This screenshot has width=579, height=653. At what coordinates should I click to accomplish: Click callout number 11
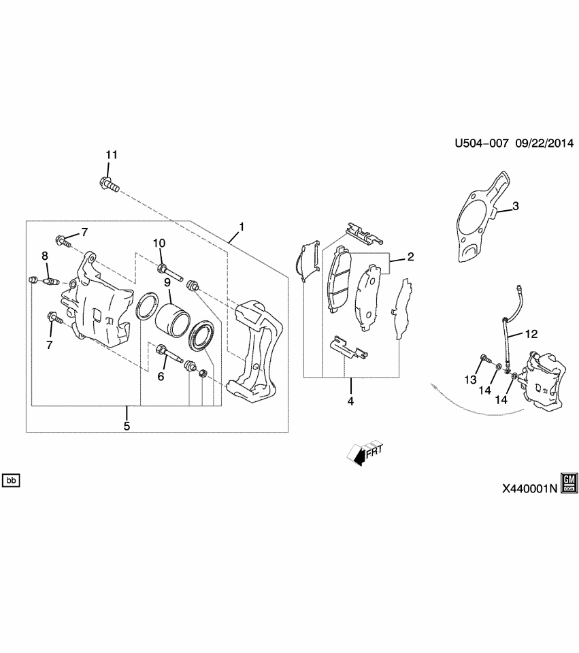[111, 155]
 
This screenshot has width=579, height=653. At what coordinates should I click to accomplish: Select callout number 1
[241, 227]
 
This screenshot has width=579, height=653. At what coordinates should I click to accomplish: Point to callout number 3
[515, 206]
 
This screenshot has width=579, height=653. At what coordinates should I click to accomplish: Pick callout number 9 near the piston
[165, 282]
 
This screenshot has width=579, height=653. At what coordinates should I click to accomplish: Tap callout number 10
[159, 243]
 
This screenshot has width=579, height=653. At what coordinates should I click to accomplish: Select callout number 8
[45, 256]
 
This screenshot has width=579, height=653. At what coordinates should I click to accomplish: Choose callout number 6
[161, 375]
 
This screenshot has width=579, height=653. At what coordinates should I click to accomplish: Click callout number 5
[127, 426]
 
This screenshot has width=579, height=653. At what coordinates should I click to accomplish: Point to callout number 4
[350, 401]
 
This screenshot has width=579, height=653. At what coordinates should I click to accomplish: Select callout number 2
[410, 256]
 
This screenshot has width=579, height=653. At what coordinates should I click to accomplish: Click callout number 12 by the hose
[531, 334]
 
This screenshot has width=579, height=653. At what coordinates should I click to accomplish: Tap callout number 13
[471, 380]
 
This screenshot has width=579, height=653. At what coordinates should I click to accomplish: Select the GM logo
[569, 482]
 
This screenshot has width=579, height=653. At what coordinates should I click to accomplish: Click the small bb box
[11, 481]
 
